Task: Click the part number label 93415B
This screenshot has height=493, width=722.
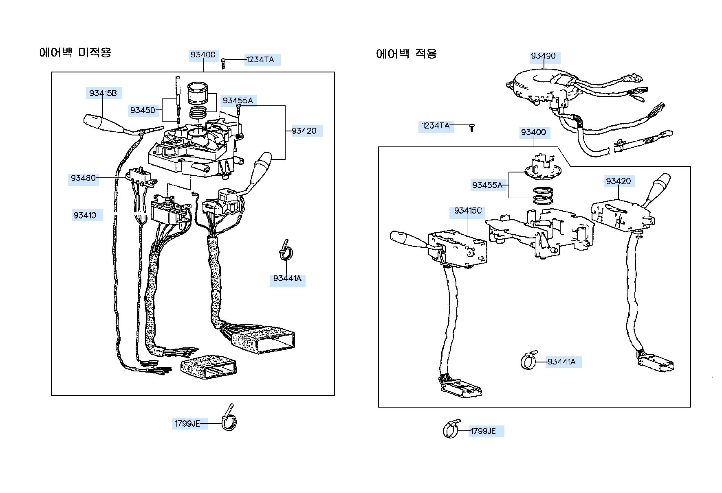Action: point(103,93)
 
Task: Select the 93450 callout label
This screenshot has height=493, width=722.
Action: point(143,110)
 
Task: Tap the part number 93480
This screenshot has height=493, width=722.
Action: point(84,178)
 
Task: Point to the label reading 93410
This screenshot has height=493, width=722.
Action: point(85,215)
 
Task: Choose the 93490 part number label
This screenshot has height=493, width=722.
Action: point(543,56)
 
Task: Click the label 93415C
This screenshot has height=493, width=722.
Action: point(468,211)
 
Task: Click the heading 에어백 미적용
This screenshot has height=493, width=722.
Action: point(75,52)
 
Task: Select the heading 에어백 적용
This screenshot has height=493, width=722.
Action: point(407,53)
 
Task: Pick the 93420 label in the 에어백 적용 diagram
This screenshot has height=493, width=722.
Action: point(618,181)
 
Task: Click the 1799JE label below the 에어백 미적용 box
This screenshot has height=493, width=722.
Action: point(187,423)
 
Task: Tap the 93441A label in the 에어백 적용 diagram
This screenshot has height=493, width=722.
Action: point(561,362)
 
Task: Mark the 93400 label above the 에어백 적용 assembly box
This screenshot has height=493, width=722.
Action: point(533,132)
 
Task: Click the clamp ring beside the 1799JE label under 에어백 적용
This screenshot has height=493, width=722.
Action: point(451,429)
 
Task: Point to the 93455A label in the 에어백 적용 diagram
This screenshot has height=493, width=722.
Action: point(487,185)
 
